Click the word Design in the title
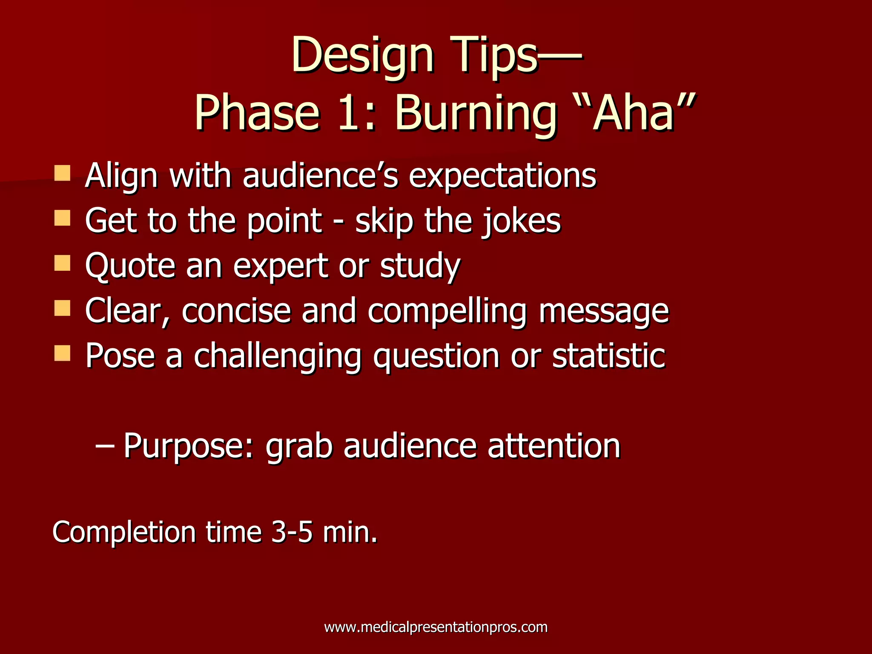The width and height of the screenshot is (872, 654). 362,55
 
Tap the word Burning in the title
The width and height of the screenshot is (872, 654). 476,113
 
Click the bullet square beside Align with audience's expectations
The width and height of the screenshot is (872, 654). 62,173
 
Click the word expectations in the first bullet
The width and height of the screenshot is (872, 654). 502,176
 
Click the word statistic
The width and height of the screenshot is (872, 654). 609,356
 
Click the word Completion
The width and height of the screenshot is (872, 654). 124,532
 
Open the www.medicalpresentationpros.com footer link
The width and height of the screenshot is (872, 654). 436,627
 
